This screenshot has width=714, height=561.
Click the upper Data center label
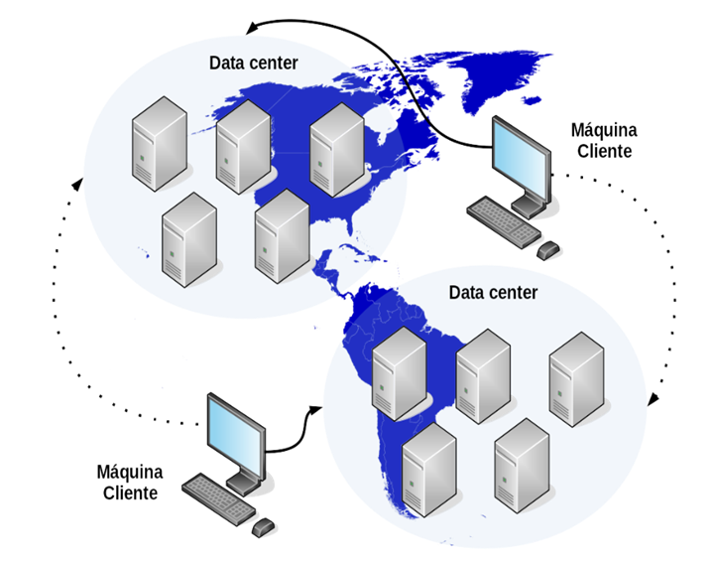click(254, 63)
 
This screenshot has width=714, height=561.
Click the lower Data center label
click(493, 293)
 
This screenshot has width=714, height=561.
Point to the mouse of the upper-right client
click(548, 248)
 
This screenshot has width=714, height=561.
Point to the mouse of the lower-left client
click(263, 524)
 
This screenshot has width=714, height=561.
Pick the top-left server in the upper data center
click(160, 144)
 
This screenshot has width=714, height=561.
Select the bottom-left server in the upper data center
click(188, 239)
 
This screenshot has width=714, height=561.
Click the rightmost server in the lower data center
click(576, 378)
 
